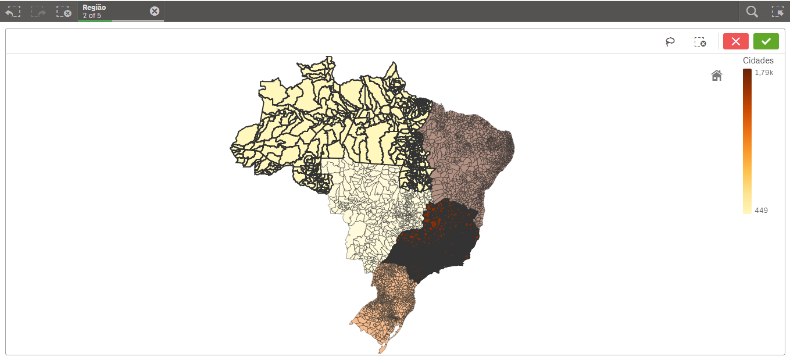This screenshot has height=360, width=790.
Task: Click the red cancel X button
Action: tap(735, 41)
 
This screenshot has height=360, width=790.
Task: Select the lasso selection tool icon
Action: tap(670, 42)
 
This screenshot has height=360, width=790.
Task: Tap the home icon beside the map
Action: tap(717, 76)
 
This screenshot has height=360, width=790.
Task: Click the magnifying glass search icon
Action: tap(752, 12)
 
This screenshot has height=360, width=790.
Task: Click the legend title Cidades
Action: tap(758, 60)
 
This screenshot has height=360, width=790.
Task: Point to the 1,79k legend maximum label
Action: tap(764, 73)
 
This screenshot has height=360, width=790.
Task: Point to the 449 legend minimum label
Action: tap(761, 210)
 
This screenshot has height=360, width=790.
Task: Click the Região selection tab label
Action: tap(94, 8)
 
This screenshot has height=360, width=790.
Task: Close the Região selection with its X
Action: tap(155, 11)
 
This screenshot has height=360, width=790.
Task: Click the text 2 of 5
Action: tap(92, 16)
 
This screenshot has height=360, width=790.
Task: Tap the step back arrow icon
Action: tap(13, 12)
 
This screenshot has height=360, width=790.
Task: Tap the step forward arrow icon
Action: tap(38, 12)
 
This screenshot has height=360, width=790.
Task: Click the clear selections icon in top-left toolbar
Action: tap(63, 12)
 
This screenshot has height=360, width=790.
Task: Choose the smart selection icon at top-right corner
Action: tap(777, 12)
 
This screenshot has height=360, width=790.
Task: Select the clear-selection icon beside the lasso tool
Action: tap(700, 42)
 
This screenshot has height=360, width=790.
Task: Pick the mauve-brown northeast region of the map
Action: tap(465, 151)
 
